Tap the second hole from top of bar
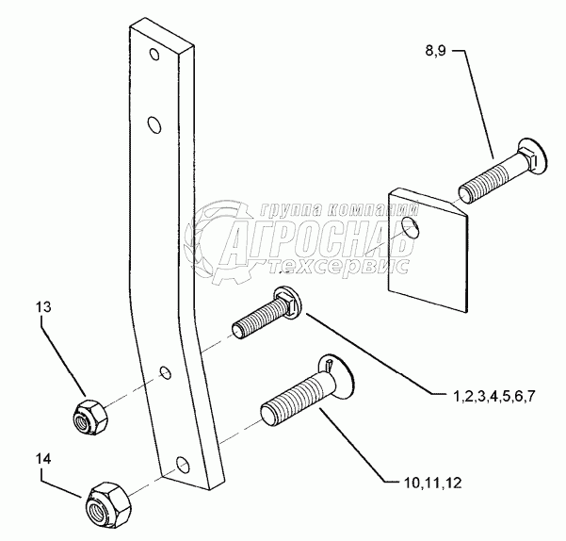[154, 123]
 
